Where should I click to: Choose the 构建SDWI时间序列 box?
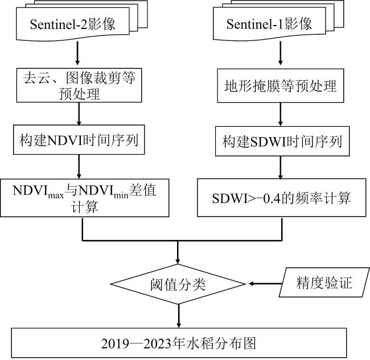coord(278,140)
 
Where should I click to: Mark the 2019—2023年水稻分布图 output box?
coord(179,343)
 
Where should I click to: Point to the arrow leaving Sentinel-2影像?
coord(77,55)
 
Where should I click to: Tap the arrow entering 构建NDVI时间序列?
coord(77,114)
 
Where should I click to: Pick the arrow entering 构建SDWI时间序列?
coord(278,115)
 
